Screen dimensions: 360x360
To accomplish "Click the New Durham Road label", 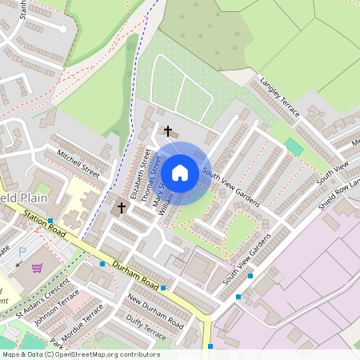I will tap(155, 312).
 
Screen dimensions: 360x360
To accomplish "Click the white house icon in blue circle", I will tap(180, 172).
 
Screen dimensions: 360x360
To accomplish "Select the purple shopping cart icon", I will tap(37, 267).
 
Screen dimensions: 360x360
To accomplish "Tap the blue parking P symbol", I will tap(22, 253).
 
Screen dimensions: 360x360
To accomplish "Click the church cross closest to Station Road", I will tap(122, 208).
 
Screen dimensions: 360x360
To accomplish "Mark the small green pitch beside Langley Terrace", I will tap(294, 147).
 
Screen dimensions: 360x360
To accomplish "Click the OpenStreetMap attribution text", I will tap(80, 354).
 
